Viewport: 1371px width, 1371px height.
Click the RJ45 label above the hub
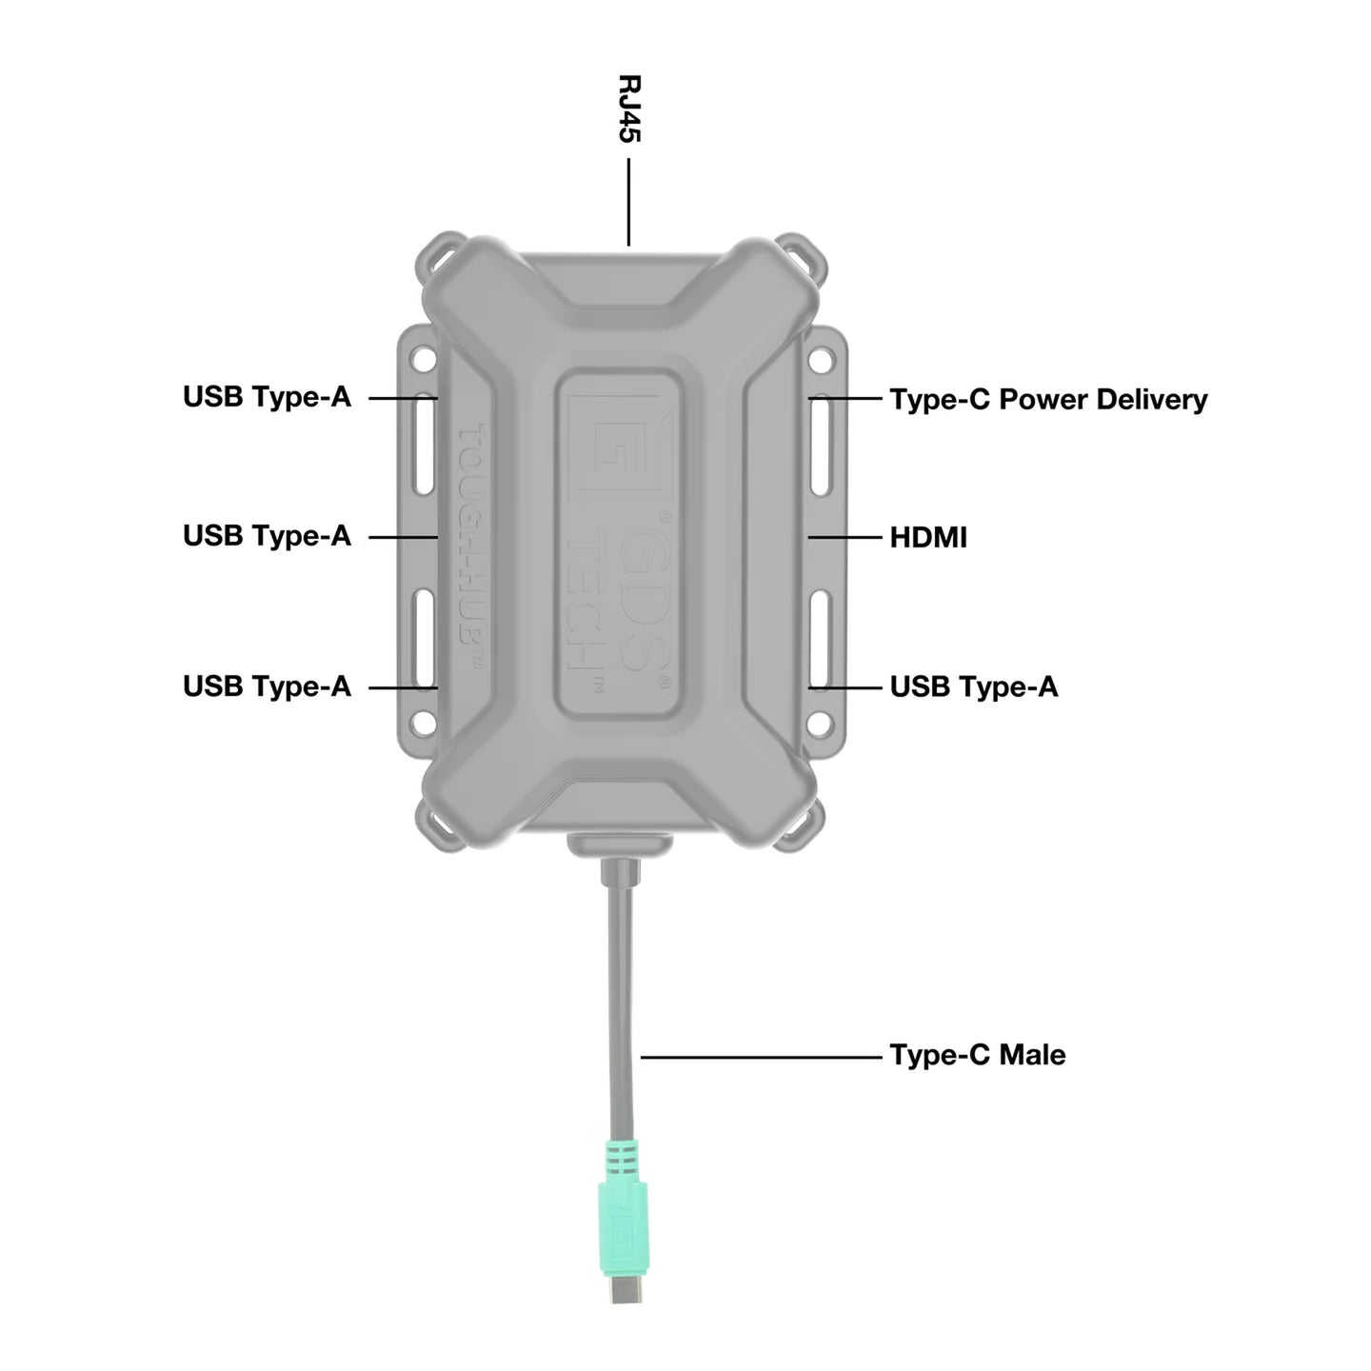pos(629,109)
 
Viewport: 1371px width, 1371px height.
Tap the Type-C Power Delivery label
pos(1047,399)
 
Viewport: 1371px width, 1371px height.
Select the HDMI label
pos(927,538)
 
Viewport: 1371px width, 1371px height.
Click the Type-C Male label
pos(977,1055)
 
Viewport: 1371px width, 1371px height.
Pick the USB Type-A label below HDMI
pos(973,686)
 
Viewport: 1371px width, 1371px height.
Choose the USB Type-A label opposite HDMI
pos(267,536)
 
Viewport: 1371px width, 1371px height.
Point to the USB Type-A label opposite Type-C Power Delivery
pos(267,397)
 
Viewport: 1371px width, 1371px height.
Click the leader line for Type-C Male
pos(762,1056)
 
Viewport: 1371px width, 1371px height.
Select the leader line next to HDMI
pos(845,538)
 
